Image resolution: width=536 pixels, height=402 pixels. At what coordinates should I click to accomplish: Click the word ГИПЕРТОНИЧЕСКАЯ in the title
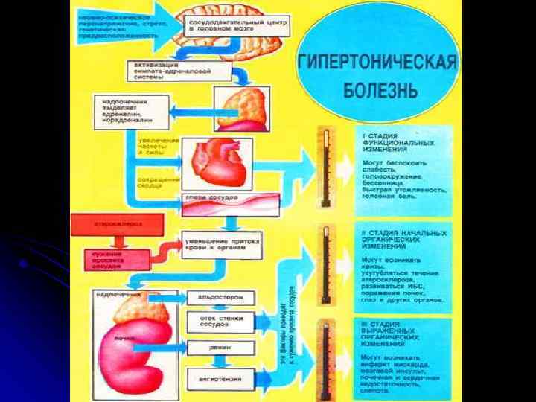click(376, 62)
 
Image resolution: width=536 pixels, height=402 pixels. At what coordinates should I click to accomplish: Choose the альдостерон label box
click(220, 299)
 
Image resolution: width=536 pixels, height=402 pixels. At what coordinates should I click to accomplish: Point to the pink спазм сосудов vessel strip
click(231, 202)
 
